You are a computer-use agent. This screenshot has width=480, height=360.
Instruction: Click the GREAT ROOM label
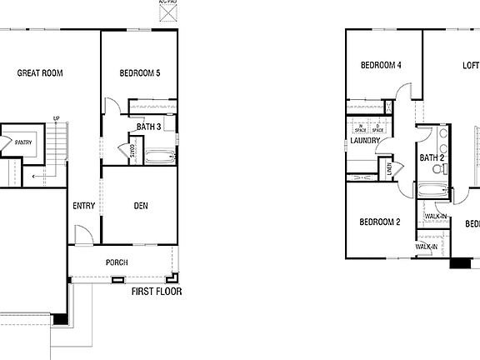click(40, 73)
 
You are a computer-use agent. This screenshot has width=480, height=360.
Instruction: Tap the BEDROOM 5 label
click(140, 73)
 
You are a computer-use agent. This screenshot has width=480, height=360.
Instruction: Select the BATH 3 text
click(149, 127)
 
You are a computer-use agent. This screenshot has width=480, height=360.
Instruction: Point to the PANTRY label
click(23, 142)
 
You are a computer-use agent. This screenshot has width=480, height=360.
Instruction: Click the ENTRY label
click(83, 206)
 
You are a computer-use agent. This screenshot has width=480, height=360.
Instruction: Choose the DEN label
click(142, 205)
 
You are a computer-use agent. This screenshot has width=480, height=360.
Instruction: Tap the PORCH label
click(117, 262)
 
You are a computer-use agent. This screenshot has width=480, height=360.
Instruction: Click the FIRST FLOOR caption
click(157, 292)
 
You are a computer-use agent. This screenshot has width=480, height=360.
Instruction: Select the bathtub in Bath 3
click(158, 156)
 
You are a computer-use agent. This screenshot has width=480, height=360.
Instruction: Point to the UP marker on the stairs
click(56, 118)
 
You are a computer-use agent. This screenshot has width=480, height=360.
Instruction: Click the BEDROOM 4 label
click(381, 65)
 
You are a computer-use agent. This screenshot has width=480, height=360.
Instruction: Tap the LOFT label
click(471, 65)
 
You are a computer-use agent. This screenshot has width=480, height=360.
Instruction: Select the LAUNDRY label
click(365, 141)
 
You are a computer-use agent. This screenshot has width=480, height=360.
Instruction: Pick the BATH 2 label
click(432, 157)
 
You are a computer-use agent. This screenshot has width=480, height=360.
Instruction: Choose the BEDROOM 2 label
click(380, 222)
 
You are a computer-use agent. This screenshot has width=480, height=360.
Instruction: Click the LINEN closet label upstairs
click(389, 170)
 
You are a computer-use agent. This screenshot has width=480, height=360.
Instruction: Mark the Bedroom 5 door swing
click(111, 107)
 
